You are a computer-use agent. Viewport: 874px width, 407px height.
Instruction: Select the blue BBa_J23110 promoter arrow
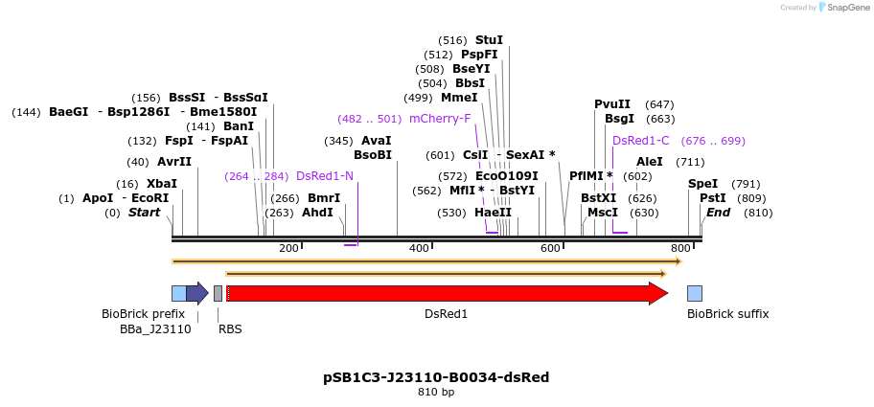click(x=196, y=293)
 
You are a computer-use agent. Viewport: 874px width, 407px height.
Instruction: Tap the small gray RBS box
click(x=218, y=293)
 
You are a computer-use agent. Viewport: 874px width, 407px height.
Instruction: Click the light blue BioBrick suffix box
click(x=695, y=293)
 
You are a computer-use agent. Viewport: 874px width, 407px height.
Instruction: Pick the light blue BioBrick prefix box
click(x=178, y=293)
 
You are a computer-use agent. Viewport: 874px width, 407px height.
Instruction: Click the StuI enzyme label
click(x=489, y=40)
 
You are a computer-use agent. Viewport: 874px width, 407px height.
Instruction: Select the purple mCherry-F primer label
click(x=440, y=119)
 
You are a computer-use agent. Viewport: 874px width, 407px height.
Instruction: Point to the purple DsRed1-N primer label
click(x=325, y=176)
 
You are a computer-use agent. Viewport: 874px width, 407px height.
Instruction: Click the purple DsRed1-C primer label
click(x=641, y=141)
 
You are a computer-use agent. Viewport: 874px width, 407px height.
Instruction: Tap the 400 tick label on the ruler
click(x=419, y=249)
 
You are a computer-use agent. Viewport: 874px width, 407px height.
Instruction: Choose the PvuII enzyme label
click(x=612, y=104)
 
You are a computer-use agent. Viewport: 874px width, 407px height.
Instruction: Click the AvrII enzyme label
click(x=174, y=162)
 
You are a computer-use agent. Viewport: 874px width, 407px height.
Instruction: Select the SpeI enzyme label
click(x=702, y=184)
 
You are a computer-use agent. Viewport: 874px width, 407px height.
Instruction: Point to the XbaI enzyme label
click(x=162, y=184)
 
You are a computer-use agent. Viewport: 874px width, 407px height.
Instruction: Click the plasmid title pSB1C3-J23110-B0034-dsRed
click(x=436, y=377)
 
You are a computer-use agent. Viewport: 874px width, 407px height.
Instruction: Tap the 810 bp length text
click(x=436, y=393)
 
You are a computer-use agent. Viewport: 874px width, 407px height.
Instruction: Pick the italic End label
click(x=719, y=213)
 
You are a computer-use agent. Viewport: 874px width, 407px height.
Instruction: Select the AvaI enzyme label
click(x=377, y=141)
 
